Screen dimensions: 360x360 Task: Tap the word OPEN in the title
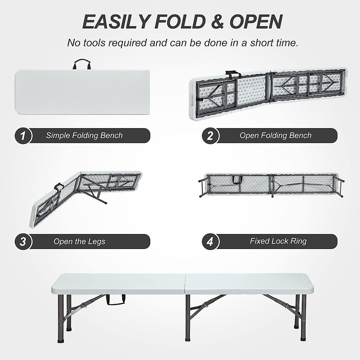tap(256, 22)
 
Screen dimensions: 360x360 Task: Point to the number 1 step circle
tap(23, 136)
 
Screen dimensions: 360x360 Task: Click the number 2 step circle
tap(210, 136)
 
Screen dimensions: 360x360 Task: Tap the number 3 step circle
tap(23, 241)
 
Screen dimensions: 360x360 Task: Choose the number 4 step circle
tap(210, 241)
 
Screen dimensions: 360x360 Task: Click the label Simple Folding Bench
tap(84, 136)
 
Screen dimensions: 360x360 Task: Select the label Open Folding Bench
tap(275, 136)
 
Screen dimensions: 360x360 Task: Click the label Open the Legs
tap(79, 241)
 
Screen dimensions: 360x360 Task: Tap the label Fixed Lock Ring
tap(278, 241)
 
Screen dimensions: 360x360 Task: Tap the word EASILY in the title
tap(115, 22)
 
